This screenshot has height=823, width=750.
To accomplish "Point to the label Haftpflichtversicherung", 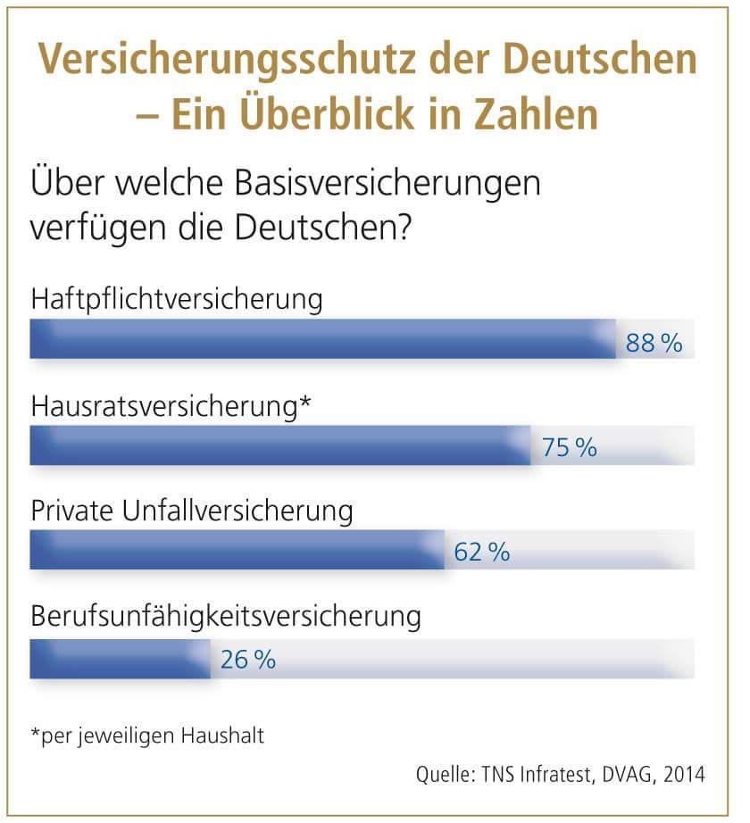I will click(x=176, y=298).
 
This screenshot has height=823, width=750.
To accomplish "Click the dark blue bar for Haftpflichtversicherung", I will click(x=322, y=339).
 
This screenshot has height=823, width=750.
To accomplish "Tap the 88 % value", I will click(x=654, y=343).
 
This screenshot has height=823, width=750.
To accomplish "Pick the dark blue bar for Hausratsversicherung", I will click(x=280, y=445).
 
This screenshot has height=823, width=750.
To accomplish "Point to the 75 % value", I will click(x=569, y=448).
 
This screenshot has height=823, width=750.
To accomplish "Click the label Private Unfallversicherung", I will click(x=192, y=512).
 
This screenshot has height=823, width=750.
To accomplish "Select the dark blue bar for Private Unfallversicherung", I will click(x=237, y=550).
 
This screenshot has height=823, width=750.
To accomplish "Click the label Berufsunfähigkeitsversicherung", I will click(x=225, y=617).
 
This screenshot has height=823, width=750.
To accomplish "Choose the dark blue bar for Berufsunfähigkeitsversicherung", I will click(x=120, y=659).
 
